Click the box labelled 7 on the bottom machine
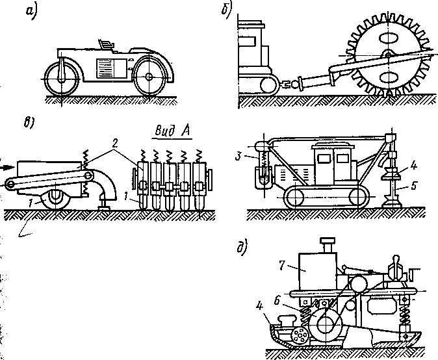pyautogui.click(x=315, y=269)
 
